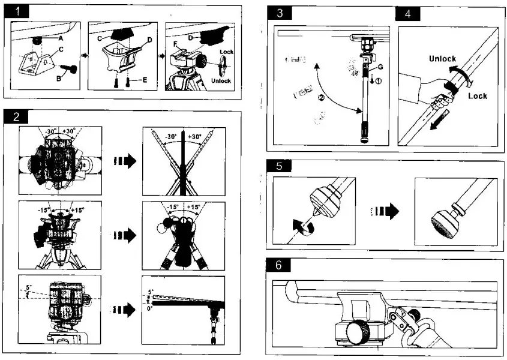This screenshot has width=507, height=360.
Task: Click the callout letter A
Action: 61,38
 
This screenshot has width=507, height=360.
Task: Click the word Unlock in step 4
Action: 442,59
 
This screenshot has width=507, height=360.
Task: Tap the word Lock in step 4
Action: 478,96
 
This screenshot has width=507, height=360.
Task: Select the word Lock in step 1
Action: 226,52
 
